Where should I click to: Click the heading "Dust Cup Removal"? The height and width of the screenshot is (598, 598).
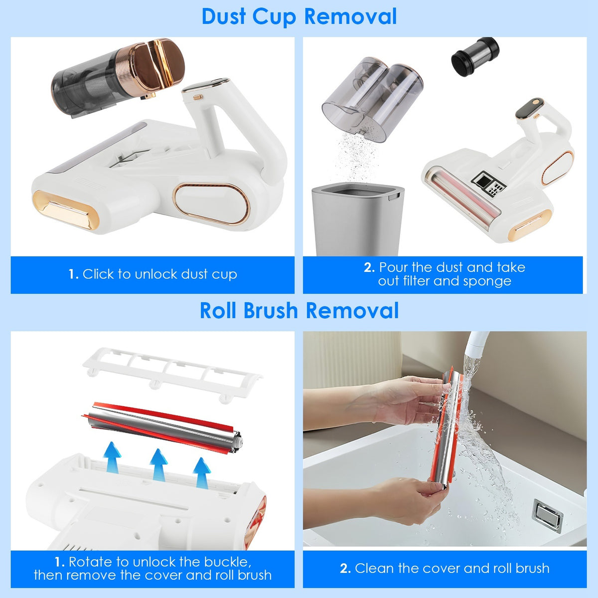(x=299, y=16)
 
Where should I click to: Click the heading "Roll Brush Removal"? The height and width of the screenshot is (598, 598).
(x=299, y=310)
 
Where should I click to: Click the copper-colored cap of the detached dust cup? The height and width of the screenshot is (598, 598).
(x=157, y=62)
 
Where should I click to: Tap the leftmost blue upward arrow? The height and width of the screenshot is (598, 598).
(x=113, y=456)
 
